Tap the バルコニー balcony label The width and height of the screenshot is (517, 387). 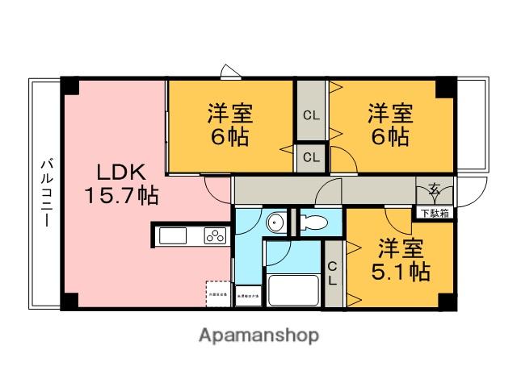pyautogui.click(x=46, y=193)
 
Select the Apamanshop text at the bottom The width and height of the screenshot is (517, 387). pyautogui.click(x=258, y=335)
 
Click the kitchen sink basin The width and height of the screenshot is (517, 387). pyautogui.click(x=174, y=236)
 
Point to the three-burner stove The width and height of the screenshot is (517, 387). pyautogui.click(x=215, y=236)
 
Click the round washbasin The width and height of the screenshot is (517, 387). pyautogui.click(x=275, y=223)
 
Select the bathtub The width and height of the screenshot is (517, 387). pyautogui.click(x=292, y=291)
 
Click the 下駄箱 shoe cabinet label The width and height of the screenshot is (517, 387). pyautogui.click(x=435, y=214)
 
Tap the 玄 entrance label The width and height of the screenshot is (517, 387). pyautogui.click(x=435, y=191)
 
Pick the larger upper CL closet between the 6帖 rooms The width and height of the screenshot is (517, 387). pyautogui.click(x=310, y=114)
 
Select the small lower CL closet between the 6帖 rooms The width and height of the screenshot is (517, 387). pyautogui.click(x=310, y=157)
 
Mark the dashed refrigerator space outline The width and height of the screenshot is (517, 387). pyautogui.click(x=217, y=293)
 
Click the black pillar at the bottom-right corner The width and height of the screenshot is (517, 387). pyautogui.click(x=446, y=301)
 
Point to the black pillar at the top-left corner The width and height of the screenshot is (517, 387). pyautogui.click(x=71, y=85)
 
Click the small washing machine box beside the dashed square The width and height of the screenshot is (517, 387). pyautogui.click(x=248, y=296)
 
